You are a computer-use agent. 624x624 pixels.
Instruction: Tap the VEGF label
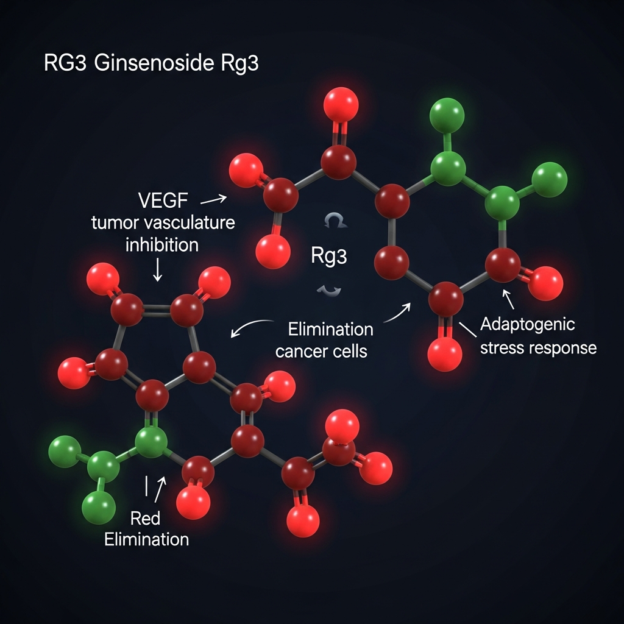(163, 200)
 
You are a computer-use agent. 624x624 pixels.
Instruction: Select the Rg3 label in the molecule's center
(328, 256)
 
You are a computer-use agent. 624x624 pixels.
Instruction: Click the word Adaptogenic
(527, 324)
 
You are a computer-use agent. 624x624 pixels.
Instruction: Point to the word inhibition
(161, 245)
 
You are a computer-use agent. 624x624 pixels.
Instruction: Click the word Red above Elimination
(146, 519)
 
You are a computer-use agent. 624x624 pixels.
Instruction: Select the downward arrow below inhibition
(157, 269)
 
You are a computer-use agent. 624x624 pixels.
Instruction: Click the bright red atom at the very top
(341, 104)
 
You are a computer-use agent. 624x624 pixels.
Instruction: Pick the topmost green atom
(448, 114)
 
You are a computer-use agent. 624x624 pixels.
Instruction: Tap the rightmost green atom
(549, 180)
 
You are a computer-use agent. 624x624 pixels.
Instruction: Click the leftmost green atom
(65, 452)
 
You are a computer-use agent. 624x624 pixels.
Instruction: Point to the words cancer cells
(321, 352)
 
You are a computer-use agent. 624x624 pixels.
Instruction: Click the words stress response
(538, 349)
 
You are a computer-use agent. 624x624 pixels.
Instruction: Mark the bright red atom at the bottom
(303, 521)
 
